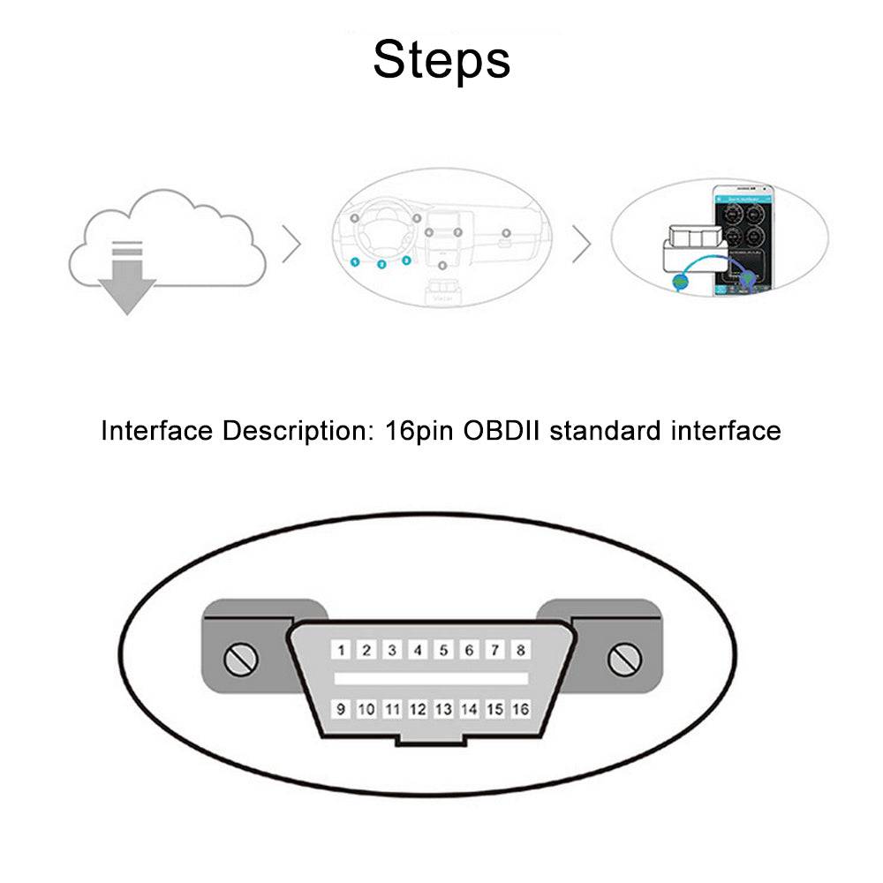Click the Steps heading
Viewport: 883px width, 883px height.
pos(441,59)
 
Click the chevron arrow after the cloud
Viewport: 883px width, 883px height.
pos(292,245)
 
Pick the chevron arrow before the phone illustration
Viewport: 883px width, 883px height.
pos(581,245)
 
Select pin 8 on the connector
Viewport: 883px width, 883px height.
pos(521,651)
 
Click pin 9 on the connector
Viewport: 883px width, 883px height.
pos(341,708)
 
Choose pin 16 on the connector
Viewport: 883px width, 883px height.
pos(520,708)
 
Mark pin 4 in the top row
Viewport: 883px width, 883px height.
pos(418,651)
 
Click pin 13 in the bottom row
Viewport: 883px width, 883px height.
pos(443,708)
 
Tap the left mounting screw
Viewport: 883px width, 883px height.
pos(240,659)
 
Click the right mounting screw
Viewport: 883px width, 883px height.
pos(624,659)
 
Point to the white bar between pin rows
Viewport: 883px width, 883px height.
pos(431,679)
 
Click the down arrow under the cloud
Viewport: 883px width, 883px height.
pos(126,284)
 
